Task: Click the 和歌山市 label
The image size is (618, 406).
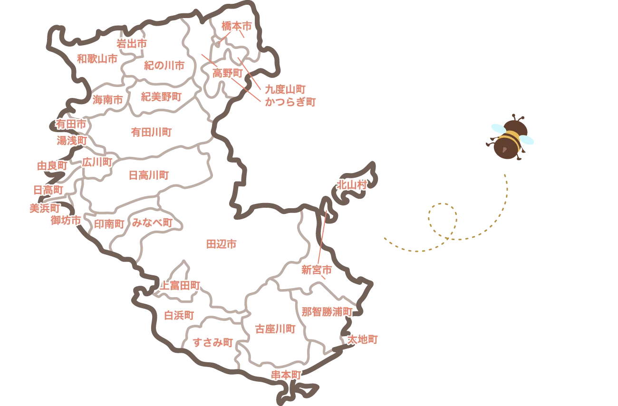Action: coord(97,59)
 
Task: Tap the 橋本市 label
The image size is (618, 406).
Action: coord(236,27)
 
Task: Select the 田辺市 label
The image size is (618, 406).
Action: coord(221,244)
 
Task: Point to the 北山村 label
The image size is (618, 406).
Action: coord(352,185)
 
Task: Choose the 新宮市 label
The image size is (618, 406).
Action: coord(318,271)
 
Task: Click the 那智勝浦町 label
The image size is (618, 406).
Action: coord(328,312)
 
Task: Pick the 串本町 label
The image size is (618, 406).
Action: coord(286,375)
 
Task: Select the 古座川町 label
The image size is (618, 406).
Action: coord(276,329)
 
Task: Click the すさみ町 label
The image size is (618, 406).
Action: coord(213,342)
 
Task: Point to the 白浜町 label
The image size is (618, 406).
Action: coord(179,316)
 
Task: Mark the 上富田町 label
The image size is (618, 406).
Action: coord(179,285)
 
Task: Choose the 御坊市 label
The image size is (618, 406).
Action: coord(66,220)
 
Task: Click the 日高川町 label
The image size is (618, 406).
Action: coord(149,175)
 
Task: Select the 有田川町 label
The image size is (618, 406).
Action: coord(151,132)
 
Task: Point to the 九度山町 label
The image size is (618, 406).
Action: coord(285,89)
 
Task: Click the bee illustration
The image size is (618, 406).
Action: coord(511,136)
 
